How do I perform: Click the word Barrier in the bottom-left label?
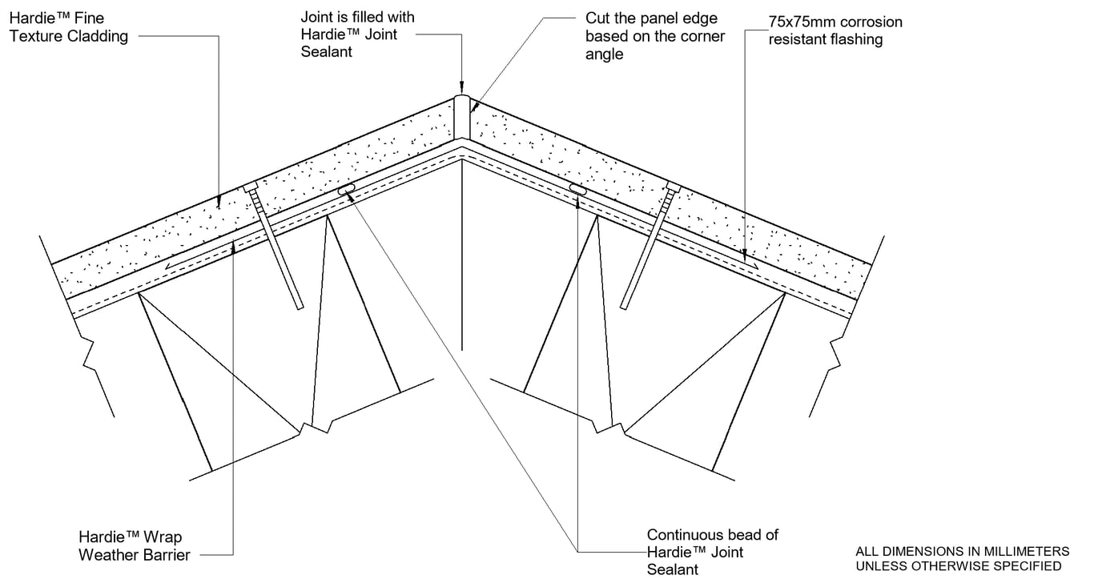coord(164,554)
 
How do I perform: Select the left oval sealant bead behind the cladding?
coord(347,190)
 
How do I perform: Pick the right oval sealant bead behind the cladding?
coord(577,189)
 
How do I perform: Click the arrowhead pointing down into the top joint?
coord(462,86)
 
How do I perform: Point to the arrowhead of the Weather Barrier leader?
coord(233,247)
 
